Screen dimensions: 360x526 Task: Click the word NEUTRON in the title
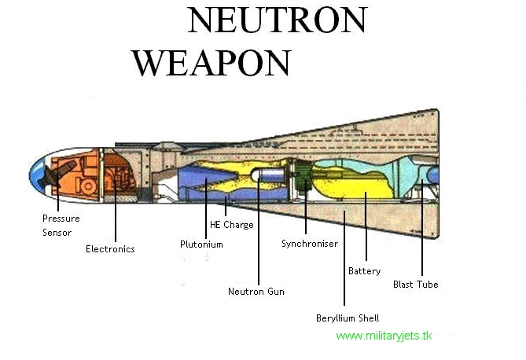[x=277, y=21]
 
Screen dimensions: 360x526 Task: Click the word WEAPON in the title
[x=212, y=62]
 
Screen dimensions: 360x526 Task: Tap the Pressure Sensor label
[x=61, y=226]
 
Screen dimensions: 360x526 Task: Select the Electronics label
[x=110, y=249]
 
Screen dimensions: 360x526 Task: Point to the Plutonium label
[x=201, y=244]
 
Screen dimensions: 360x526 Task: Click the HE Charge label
[x=231, y=223]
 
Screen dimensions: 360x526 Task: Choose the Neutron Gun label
[x=256, y=292]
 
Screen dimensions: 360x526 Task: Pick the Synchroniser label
[x=310, y=244]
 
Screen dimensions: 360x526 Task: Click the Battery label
[x=364, y=271]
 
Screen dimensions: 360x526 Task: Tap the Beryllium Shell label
[x=348, y=318]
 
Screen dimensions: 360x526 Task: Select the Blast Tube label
[x=416, y=285]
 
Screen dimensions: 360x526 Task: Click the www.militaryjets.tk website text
[x=384, y=336]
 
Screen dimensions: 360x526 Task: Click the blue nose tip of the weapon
[x=36, y=172]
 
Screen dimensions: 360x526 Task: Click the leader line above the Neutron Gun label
[x=259, y=236]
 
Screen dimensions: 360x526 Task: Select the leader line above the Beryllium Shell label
[x=344, y=259]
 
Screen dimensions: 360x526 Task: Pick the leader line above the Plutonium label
[x=207, y=208]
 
